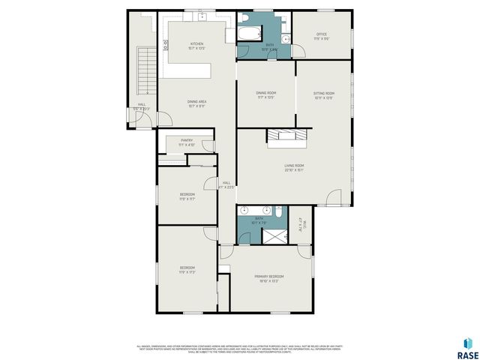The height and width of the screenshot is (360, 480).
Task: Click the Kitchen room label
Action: pyautogui.click(x=197, y=44)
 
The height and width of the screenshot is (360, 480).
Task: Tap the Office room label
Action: pyautogui.click(x=321, y=34)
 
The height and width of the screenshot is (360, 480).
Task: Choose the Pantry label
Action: pyautogui.click(x=187, y=140)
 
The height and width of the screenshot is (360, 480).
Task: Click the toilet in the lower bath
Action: pyautogui.click(x=277, y=213)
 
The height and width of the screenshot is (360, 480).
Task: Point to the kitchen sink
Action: pyautogui.click(x=193, y=16)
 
